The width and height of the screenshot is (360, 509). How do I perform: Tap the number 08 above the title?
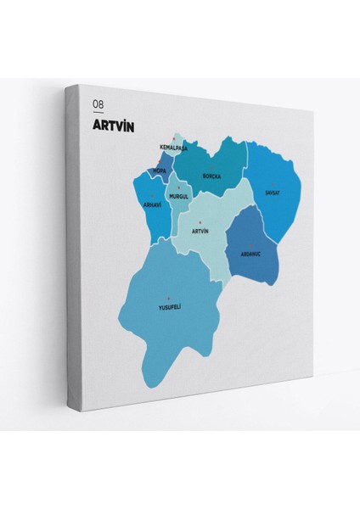coord(98,103)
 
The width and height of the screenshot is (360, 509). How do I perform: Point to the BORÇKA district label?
coord(211,176)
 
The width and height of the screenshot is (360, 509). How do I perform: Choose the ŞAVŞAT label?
coord(272,193)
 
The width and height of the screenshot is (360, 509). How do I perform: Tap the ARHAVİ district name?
coord(153,204)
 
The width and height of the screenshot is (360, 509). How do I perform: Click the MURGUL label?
coord(178,196)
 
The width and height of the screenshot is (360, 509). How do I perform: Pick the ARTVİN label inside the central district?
coord(200,231)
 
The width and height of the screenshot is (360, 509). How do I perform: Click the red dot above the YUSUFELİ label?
coord(169,297)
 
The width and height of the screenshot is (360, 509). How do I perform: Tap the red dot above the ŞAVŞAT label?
coord(272,184)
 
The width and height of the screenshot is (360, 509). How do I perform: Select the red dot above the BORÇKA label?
coord(211,168)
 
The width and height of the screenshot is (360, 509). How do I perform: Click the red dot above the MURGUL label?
coord(178,187)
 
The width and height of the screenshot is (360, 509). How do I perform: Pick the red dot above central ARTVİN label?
coord(200,222)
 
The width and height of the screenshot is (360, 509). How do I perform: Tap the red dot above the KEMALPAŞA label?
coord(174,138)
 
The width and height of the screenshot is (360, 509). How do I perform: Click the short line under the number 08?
coord(98,112)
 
